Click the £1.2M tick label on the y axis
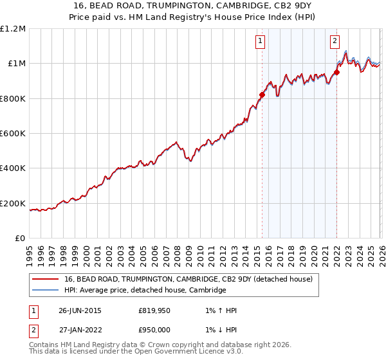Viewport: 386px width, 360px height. tap(13, 28)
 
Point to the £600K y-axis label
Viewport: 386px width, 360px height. tap(13, 134)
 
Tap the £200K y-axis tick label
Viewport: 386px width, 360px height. tap(13, 204)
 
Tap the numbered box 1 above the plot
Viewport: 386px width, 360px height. tap(261, 42)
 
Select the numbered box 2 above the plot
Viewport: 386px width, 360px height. tap(335, 42)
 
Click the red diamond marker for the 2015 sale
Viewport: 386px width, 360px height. tap(262, 95)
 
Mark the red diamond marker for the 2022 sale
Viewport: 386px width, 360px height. tap(336, 72)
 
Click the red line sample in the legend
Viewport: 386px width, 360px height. tap(45, 279)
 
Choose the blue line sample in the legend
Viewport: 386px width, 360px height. tap(45, 291)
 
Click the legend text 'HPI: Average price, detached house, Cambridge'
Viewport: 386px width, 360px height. tap(145, 291)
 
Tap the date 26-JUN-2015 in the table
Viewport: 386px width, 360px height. tap(80, 310)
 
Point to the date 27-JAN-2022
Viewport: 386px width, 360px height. tap(80, 329)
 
